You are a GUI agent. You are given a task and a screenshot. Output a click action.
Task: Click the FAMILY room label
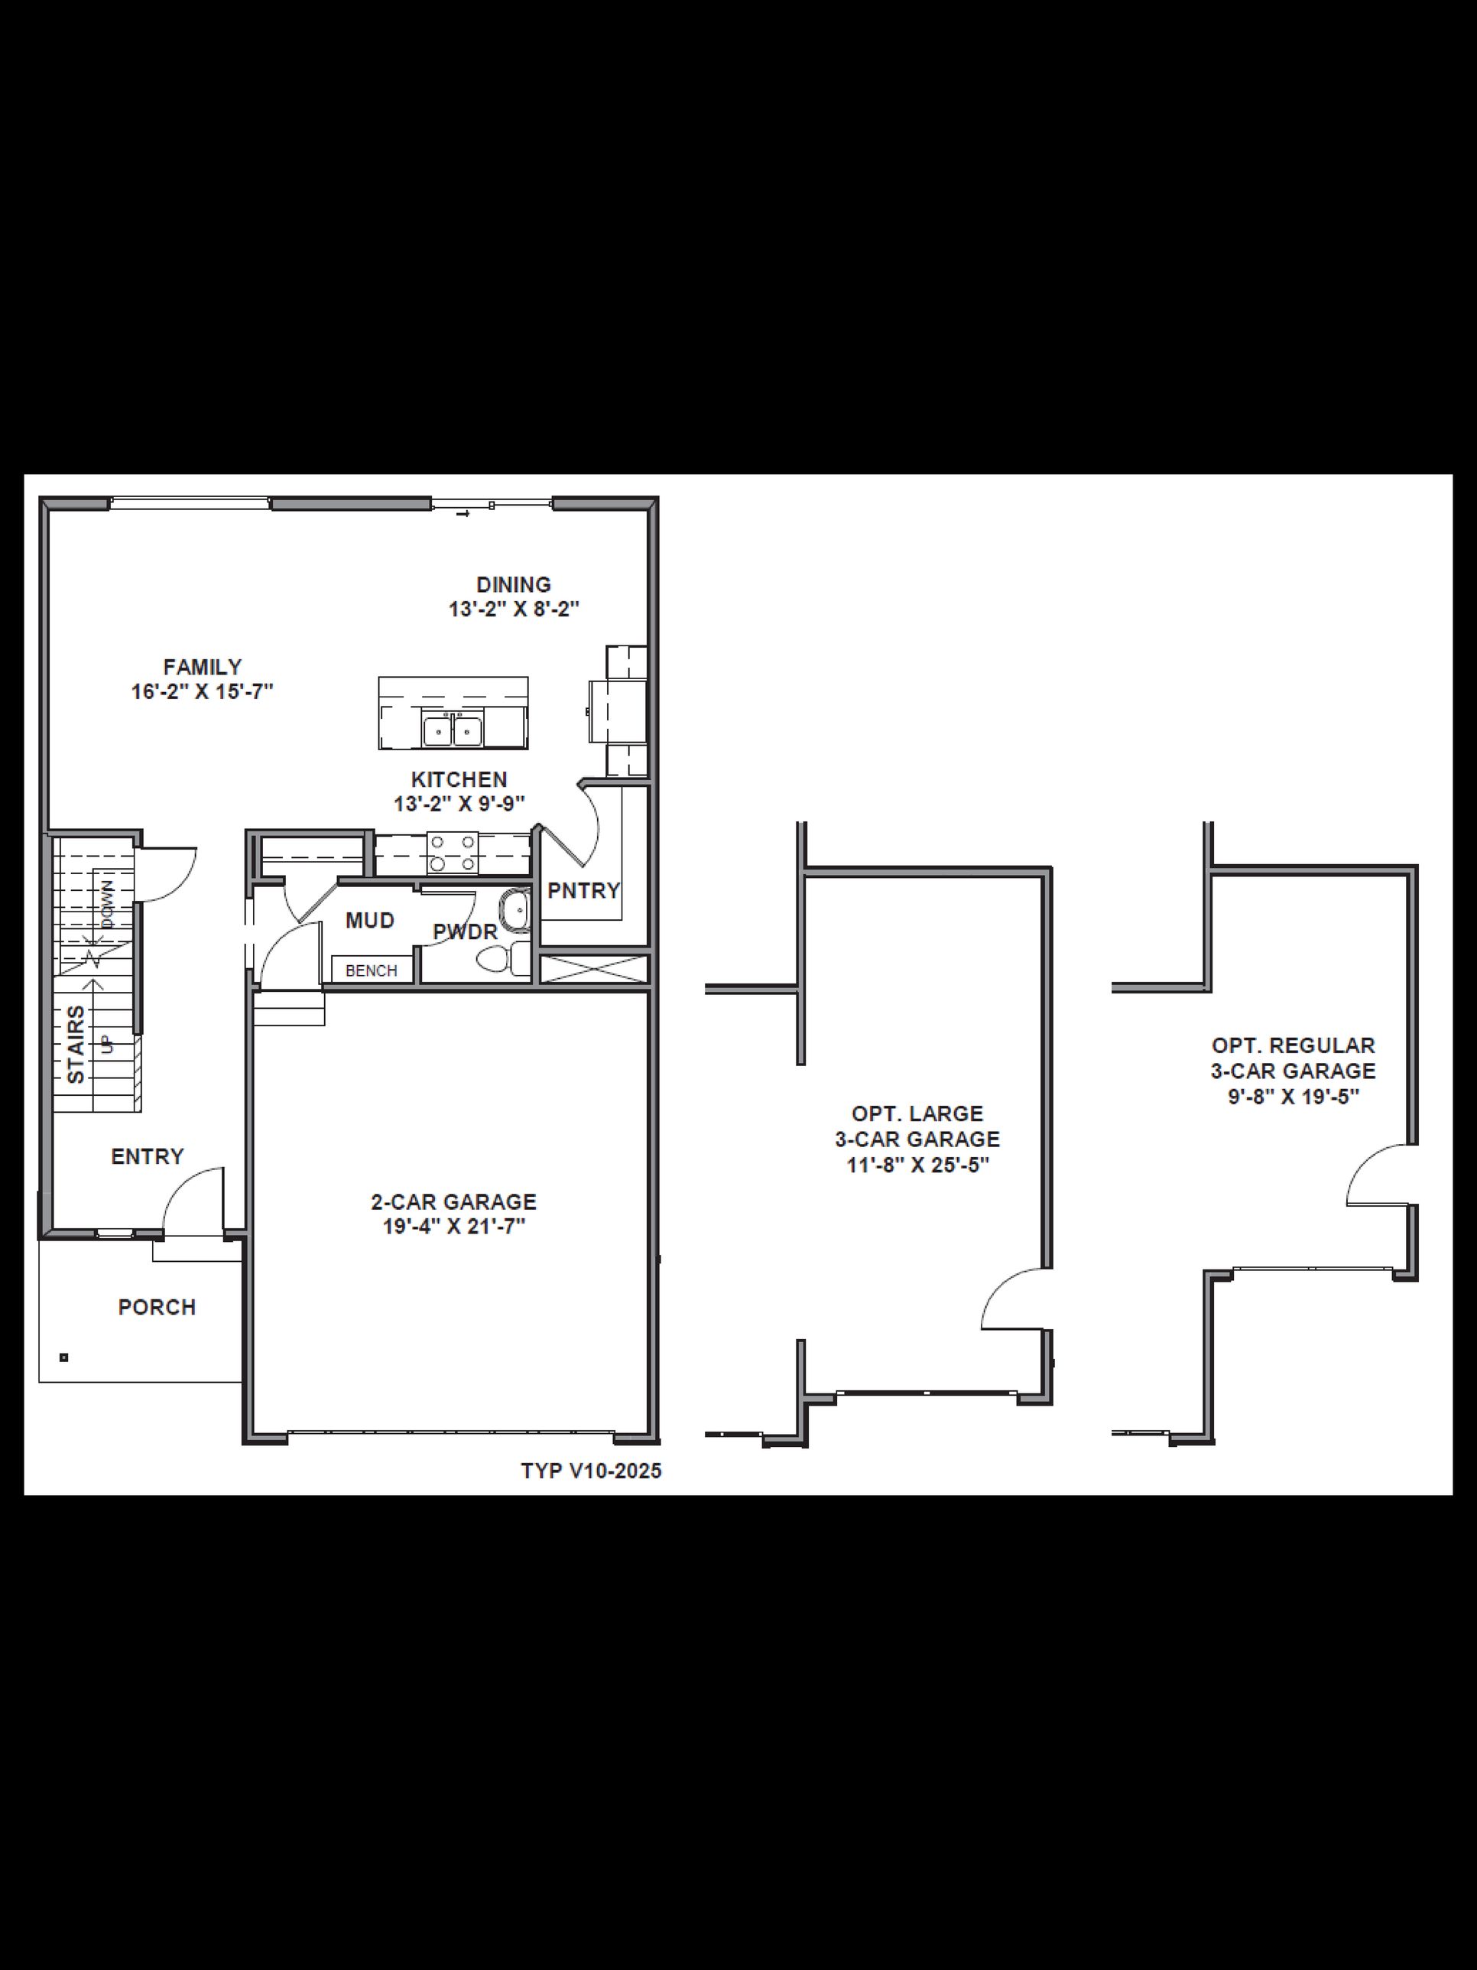[x=202, y=667]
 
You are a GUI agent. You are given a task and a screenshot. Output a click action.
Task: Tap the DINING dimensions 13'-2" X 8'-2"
[x=514, y=610]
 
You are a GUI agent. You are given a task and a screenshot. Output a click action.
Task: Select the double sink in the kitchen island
[x=453, y=731]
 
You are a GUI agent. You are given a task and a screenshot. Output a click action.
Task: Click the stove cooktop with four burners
[x=453, y=852]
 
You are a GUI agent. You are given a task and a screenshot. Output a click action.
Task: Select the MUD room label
[x=369, y=921]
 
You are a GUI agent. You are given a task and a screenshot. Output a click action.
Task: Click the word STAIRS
[x=77, y=1044]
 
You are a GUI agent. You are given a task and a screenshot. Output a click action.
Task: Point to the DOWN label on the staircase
[x=108, y=905]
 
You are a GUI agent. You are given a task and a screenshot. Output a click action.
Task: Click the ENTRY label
[x=148, y=1157]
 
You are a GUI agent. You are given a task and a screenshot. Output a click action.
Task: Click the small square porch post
[x=64, y=1358]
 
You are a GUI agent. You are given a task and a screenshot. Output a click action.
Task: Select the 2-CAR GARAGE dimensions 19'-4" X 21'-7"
[x=454, y=1227]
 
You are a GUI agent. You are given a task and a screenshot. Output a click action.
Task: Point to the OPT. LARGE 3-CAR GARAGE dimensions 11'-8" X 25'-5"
[x=918, y=1165]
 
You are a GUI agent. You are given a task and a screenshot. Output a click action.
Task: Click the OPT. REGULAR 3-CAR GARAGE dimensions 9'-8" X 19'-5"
[x=1294, y=1097]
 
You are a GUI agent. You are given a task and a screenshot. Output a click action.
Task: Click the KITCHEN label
[x=459, y=779]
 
